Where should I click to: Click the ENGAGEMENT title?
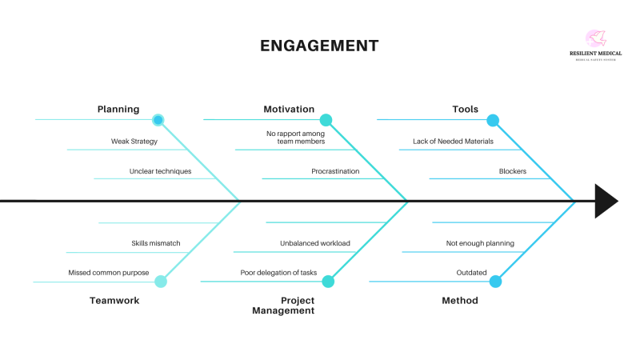[319, 46]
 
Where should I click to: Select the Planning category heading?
[118, 110]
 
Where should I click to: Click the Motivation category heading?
[289, 110]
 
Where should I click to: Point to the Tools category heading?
[466, 110]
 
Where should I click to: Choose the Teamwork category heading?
[114, 301]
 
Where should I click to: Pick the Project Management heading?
[283, 306]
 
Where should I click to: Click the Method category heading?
[460, 301]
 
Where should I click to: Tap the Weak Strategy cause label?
[134, 142]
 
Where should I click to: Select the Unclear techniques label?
[160, 171]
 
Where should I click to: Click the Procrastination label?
[335, 171]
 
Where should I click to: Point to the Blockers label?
[513, 171]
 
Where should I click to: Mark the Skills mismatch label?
[156, 243]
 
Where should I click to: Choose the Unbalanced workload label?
[315, 243]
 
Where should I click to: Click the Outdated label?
[472, 273]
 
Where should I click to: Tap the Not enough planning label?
[480, 243]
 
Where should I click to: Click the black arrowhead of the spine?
[606, 201]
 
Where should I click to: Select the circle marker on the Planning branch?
[158, 120]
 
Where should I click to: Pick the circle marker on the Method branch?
[495, 281]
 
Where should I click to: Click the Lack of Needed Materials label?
[454, 142]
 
